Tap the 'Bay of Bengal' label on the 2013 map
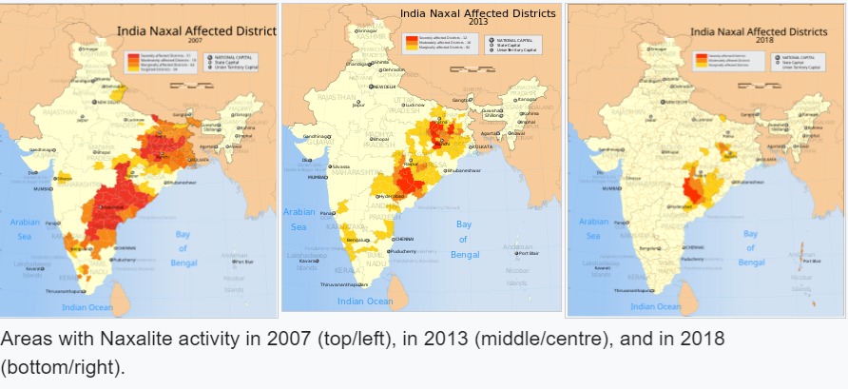pos(465,240)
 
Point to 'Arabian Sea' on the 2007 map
pos(25,228)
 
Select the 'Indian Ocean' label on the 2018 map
pos(656,306)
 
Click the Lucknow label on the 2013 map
pos(414,105)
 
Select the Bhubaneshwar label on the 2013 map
pos(467,170)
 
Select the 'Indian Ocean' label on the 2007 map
pos(87,307)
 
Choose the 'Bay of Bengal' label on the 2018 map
pos(751,247)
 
